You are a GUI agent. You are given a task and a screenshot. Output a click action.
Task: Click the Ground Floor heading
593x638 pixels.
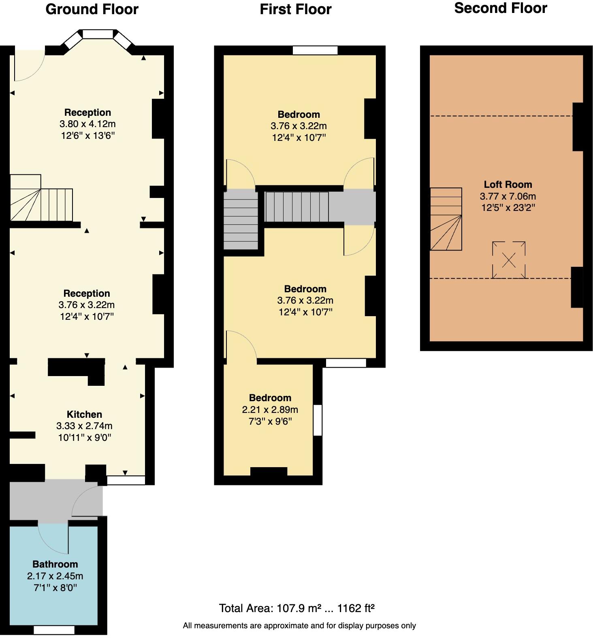pyautogui.click(x=92, y=9)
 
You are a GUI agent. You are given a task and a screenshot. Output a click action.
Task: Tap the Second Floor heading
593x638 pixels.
pyautogui.click(x=501, y=8)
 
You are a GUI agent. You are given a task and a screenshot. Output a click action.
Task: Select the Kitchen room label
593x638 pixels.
pyautogui.click(x=84, y=414)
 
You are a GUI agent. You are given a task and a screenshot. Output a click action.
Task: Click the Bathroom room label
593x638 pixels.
pyautogui.click(x=55, y=564)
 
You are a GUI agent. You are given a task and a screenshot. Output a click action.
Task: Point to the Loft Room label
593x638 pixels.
pyautogui.click(x=508, y=185)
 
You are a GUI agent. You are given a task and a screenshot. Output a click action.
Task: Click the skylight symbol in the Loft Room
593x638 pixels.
pyautogui.click(x=509, y=260)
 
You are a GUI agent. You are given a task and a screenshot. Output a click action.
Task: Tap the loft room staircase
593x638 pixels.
pyautogui.click(x=446, y=219)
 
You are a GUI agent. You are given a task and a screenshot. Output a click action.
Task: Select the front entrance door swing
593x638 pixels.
pyautogui.click(x=28, y=65)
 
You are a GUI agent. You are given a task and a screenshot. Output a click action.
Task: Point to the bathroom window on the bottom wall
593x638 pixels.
pyautogui.click(x=54, y=630)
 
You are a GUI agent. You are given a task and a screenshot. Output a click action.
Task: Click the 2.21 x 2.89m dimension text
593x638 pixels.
pyautogui.click(x=270, y=410)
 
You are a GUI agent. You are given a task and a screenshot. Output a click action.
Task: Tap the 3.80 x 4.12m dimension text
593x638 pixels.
pyautogui.click(x=87, y=124)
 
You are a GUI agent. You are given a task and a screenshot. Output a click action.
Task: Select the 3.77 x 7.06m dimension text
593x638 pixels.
pyautogui.click(x=508, y=196)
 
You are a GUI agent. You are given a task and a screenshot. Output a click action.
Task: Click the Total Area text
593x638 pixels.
pyautogui.click(x=296, y=608)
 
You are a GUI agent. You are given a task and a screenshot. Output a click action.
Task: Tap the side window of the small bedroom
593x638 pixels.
pyautogui.click(x=318, y=420)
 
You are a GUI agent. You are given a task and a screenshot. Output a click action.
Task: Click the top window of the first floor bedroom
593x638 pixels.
pyautogui.click(x=315, y=50)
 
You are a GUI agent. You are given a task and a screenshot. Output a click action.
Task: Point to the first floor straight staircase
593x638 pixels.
pyautogui.click(x=296, y=206)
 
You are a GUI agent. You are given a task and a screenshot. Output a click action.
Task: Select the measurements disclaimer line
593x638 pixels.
pyautogui.click(x=299, y=625)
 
